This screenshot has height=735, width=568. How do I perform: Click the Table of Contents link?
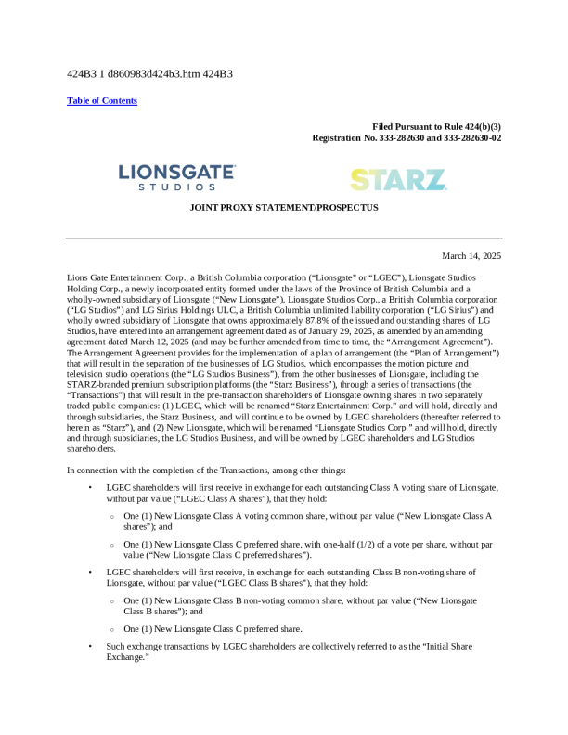pos(102,100)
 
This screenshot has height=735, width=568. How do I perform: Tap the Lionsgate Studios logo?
pos(177,177)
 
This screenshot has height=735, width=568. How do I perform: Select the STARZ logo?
pos(398,179)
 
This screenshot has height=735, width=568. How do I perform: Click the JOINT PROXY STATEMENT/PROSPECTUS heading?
pos(284,207)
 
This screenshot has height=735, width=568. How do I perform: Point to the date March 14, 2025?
pos(471,255)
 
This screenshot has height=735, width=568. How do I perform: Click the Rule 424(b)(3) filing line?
pos(436,125)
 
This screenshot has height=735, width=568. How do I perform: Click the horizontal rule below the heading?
pos(284,239)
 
